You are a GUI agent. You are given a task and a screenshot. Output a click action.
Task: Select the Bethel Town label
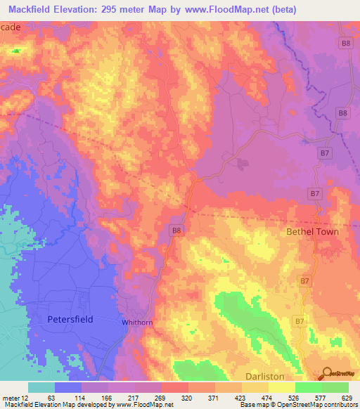(x=311, y=231)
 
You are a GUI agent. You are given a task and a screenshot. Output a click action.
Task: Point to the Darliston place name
(x=265, y=376)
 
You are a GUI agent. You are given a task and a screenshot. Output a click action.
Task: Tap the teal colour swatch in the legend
(x=41, y=387)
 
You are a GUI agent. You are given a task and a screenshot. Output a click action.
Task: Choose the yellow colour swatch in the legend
(x=282, y=387)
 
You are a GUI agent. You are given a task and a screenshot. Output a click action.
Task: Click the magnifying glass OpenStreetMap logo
(x=328, y=375)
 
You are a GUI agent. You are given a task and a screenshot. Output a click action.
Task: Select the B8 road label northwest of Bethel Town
(x=178, y=229)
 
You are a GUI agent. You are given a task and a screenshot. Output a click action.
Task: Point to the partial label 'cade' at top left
(x=11, y=25)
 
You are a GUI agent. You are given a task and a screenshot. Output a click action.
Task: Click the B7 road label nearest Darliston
(x=300, y=322)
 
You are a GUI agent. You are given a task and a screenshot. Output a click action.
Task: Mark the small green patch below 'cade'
(x=15, y=51)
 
